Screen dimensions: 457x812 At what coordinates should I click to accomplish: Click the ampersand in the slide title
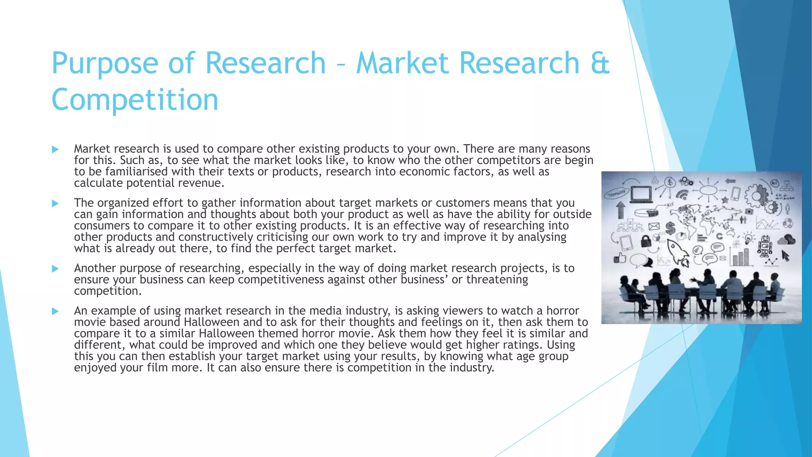point(599,63)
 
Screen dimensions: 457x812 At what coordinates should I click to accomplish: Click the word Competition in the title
point(135,100)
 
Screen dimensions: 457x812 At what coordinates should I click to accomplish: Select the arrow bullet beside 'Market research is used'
point(55,150)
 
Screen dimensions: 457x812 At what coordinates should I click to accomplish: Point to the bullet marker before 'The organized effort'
point(55,204)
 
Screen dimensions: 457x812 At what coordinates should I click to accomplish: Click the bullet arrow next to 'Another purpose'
point(55,269)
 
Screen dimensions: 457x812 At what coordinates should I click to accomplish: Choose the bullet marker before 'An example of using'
point(55,311)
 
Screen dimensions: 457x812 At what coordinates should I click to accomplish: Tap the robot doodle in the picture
point(764,246)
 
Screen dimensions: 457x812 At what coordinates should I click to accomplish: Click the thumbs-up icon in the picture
point(620,258)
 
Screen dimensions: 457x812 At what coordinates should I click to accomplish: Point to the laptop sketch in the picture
point(641,194)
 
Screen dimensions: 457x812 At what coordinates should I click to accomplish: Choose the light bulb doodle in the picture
point(748,238)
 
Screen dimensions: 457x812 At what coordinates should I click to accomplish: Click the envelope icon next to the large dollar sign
point(654,227)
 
